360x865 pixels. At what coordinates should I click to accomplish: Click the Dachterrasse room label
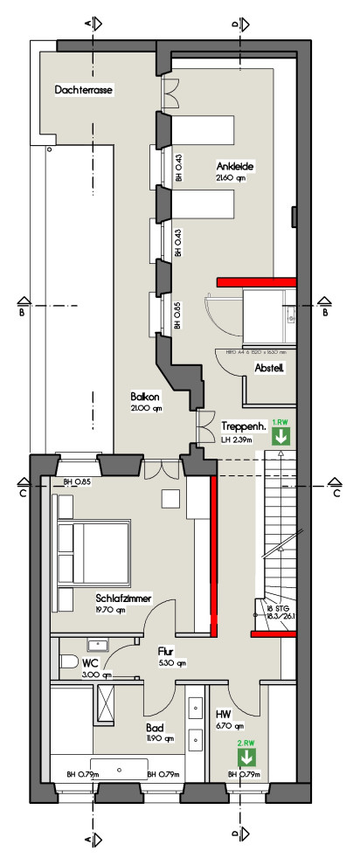85,89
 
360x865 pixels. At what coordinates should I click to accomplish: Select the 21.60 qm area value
232,177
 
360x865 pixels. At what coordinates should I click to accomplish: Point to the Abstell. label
270,369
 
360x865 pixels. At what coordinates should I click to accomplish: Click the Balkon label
146,396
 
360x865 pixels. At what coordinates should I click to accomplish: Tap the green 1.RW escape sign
280,432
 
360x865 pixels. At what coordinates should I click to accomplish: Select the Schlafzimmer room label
124,599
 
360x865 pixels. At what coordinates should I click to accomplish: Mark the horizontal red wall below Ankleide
257,281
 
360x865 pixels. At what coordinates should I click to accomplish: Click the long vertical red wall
212,555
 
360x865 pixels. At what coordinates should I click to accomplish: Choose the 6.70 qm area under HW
229,725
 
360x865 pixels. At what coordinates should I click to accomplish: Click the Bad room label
154,726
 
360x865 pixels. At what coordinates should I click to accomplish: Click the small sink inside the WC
95,645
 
